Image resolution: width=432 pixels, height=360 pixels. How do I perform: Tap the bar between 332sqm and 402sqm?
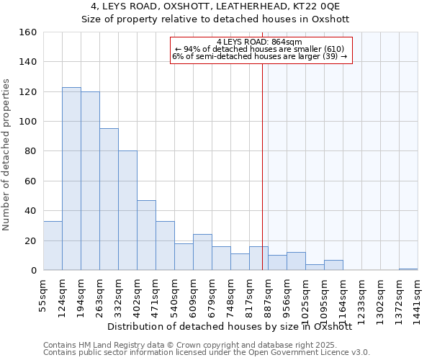(x=127, y=210)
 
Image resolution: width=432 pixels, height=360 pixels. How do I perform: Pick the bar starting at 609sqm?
(x=202, y=252)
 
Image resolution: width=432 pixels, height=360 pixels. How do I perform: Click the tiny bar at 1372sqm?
(x=408, y=269)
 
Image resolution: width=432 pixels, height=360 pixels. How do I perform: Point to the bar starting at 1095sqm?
(x=333, y=265)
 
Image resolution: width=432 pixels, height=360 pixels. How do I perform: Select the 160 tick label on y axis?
(x=27, y=32)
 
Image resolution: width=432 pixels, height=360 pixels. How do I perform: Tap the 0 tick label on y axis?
(x=33, y=271)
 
